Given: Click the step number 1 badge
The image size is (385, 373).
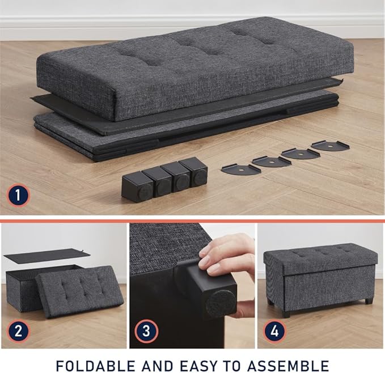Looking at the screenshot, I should (x=19, y=196).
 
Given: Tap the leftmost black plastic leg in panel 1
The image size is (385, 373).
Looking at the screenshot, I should (x=137, y=186).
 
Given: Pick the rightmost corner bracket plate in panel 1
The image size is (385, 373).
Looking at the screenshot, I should (x=330, y=145).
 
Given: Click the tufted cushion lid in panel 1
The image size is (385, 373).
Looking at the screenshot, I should (x=193, y=65).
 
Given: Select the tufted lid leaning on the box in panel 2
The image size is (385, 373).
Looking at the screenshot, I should (x=79, y=290).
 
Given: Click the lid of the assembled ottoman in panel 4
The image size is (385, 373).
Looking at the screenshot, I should (x=320, y=258).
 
